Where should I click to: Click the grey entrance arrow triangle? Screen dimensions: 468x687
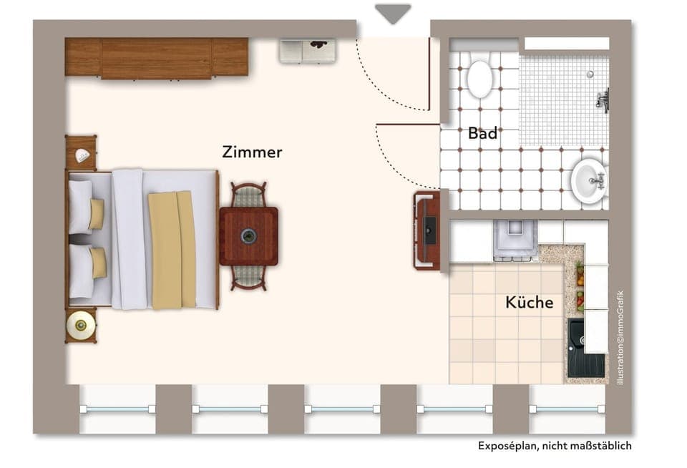[393, 13]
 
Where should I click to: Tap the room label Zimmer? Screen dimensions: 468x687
[252, 152]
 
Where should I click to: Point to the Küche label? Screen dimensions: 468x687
[529, 303]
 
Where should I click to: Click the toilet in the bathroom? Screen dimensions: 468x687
[479, 77]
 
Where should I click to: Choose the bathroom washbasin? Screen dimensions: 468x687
[589, 180]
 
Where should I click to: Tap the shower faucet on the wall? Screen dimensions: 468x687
[603, 99]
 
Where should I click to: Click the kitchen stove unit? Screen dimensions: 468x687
[515, 238]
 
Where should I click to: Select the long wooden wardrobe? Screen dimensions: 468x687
[156, 57]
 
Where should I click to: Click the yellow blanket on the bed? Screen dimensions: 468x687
[172, 250]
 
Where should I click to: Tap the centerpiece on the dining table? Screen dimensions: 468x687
[249, 235]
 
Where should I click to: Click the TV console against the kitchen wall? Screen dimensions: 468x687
[427, 230]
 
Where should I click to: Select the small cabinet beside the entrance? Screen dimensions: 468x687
[307, 51]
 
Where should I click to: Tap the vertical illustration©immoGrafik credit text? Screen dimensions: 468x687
[620, 338]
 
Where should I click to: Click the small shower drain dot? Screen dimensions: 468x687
[590, 73]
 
